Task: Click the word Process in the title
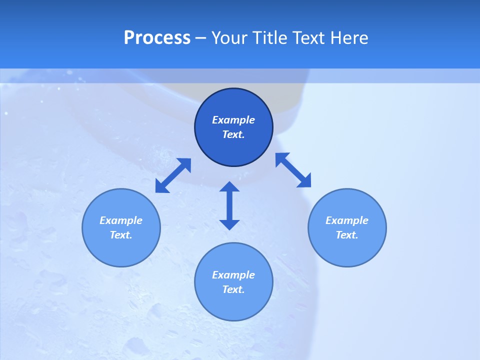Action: (x=157, y=38)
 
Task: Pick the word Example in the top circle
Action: (x=233, y=120)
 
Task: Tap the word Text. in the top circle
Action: (x=233, y=134)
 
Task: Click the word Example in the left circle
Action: (x=121, y=220)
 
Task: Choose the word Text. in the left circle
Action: (x=121, y=235)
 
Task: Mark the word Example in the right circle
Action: (x=347, y=220)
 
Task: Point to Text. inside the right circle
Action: (x=347, y=235)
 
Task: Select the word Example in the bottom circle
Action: (x=233, y=275)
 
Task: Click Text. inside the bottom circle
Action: (x=233, y=289)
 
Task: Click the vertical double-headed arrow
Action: (x=229, y=205)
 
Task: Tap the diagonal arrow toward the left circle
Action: (x=173, y=175)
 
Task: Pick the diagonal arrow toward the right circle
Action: (x=293, y=170)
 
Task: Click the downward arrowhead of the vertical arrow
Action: (x=229, y=224)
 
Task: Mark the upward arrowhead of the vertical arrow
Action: (x=229, y=187)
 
